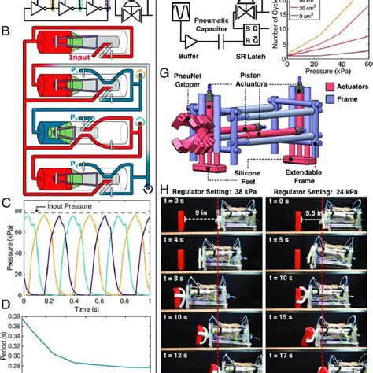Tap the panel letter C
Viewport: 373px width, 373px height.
(x=6, y=202)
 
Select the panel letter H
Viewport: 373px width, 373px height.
(x=164, y=190)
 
